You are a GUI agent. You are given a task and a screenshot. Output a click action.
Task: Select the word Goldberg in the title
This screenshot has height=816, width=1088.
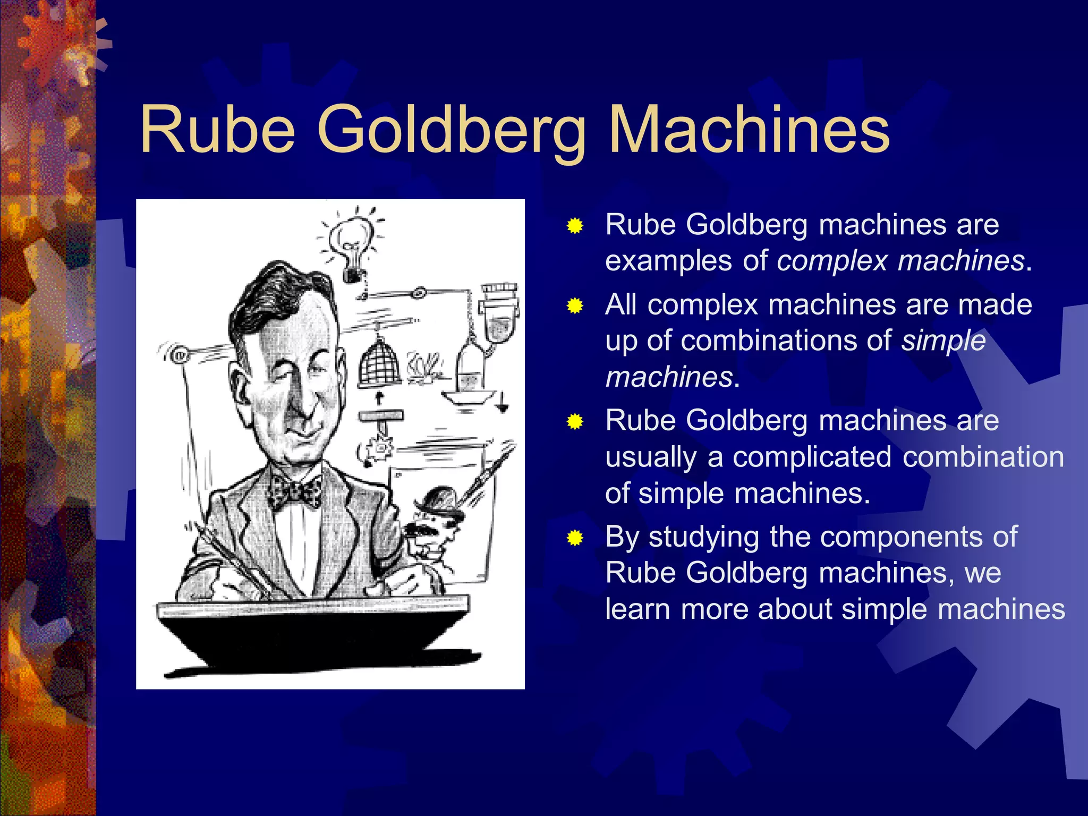pyautogui.click(x=452, y=133)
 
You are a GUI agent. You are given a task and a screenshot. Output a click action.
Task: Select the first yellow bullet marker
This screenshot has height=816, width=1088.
pyautogui.click(x=575, y=226)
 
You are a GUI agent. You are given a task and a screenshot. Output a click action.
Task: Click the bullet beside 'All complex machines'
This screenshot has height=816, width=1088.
pyautogui.click(x=575, y=307)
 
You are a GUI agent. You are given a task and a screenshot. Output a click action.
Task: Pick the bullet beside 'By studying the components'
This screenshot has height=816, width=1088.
pyautogui.click(x=575, y=538)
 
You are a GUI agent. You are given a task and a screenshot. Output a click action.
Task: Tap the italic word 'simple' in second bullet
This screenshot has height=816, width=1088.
pyautogui.click(x=943, y=341)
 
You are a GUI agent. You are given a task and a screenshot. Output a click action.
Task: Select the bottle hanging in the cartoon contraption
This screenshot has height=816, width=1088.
pyautogui.click(x=470, y=367)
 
